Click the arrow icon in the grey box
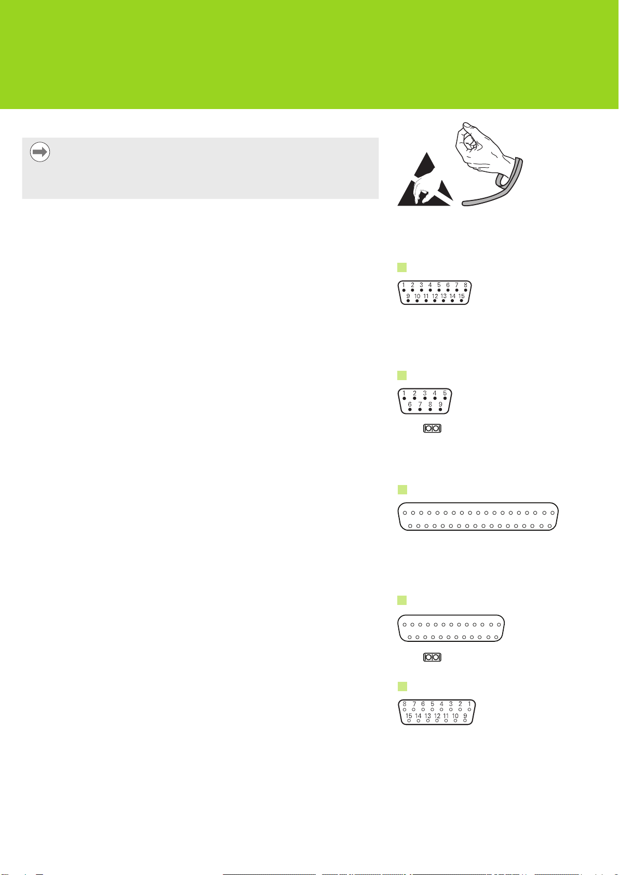(x=40, y=152)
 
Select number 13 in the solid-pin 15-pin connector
(x=443, y=296)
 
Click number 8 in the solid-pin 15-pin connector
(x=465, y=285)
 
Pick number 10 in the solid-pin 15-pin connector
(x=417, y=296)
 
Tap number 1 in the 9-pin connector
(x=404, y=393)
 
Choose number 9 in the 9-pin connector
(x=440, y=405)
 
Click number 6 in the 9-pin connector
(x=410, y=405)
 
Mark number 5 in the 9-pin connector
(x=445, y=393)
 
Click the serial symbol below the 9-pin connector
(x=433, y=428)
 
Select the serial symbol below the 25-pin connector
(x=433, y=657)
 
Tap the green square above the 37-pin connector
(x=402, y=490)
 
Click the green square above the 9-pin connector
(x=402, y=375)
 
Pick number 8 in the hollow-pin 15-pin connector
(x=405, y=704)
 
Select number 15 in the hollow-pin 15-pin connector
(x=409, y=716)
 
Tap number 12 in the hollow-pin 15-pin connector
(x=437, y=716)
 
